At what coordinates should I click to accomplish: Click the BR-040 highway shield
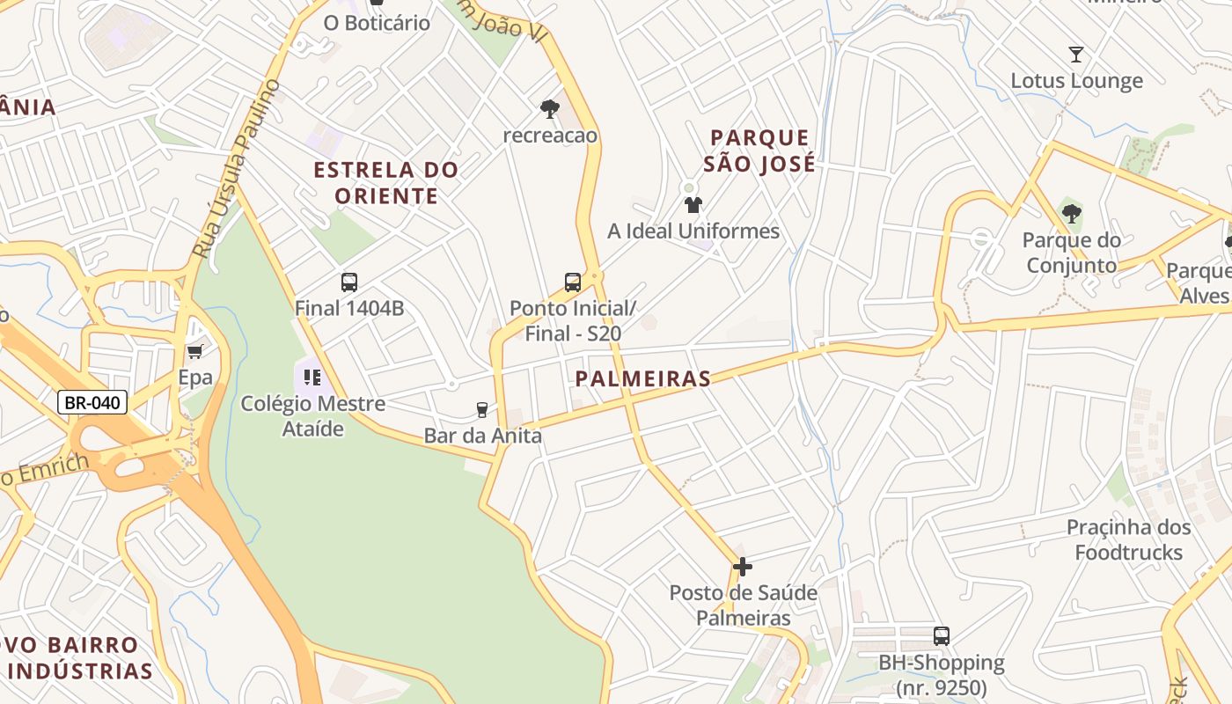point(92,403)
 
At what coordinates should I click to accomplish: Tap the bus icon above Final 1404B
point(349,282)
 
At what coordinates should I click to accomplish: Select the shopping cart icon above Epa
point(194,351)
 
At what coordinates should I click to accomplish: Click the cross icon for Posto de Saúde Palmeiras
point(743,567)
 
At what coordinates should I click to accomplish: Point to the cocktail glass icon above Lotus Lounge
point(1075,55)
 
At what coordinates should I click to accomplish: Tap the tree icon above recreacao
point(550,109)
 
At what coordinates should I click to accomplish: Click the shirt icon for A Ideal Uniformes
point(693,205)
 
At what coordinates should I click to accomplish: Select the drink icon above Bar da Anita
point(481,409)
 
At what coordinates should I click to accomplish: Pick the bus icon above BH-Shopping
point(942,635)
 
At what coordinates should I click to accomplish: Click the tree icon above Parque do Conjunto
point(1071,213)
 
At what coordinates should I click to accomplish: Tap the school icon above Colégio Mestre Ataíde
point(312,378)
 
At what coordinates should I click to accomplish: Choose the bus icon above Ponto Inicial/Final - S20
point(573,282)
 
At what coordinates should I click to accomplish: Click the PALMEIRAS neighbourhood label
point(642,379)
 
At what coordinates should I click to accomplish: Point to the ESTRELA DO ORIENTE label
point(386,182)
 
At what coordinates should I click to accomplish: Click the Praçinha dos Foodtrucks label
point(1129,539)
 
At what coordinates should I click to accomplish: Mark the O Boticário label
point(377,23)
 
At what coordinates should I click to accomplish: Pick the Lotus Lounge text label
point(1076,81)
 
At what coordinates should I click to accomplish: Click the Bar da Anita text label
point(482,436)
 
